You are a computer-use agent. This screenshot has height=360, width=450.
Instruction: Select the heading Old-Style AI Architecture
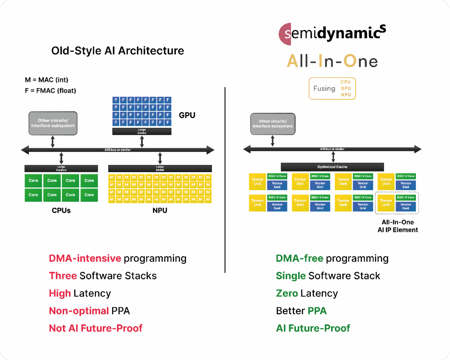(118, 51)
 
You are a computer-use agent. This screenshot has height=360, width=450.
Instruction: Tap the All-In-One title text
(332, 61)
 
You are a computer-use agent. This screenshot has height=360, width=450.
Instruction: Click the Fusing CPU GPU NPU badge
(332, 88)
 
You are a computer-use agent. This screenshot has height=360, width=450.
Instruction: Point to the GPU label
(187, 115)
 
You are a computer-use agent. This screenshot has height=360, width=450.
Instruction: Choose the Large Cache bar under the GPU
(142, 131)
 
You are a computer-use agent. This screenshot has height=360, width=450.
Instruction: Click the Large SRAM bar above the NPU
(160, 168)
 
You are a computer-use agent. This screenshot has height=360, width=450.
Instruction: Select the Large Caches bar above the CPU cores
(61, 168)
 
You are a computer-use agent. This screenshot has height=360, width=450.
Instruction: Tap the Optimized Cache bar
(332, 167)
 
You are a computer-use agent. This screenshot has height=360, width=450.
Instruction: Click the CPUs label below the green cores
(61, 210)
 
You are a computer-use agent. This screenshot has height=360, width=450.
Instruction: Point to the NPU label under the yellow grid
(160, 210)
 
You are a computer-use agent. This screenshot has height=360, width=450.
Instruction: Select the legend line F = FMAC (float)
(50, 90)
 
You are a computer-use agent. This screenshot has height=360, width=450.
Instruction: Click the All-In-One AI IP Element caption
(397, 226)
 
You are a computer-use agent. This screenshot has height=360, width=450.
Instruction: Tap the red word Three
(63, 276)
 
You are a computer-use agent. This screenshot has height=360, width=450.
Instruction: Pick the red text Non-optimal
(79, 311)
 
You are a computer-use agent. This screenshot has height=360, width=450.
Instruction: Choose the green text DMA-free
(300, 258)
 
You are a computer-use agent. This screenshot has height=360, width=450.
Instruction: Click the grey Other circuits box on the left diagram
(53, 123)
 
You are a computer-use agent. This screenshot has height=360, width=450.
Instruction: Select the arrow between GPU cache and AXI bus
(142, 142)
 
